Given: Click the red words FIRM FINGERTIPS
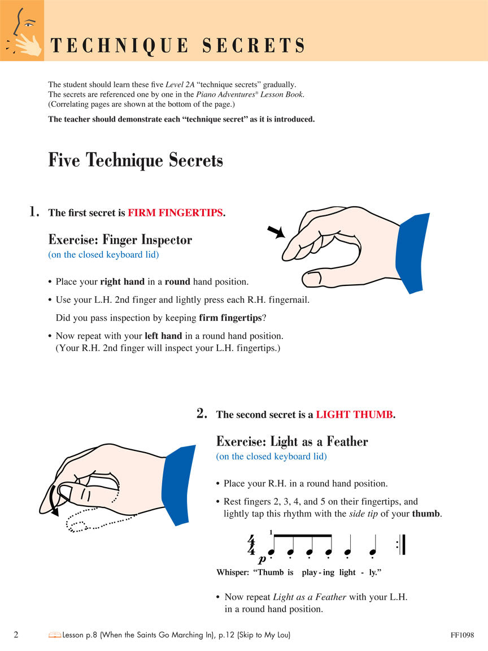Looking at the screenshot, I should (176, 213).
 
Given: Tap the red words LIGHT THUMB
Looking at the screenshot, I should (354, 415).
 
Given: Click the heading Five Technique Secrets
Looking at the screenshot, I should (136, 160).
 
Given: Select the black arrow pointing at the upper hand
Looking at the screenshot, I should (276, 231).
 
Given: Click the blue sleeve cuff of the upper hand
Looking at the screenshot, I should (414, 252).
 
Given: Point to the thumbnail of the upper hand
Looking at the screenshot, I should (312, 278).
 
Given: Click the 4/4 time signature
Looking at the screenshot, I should (251, 546).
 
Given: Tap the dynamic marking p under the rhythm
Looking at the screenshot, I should (262, 559).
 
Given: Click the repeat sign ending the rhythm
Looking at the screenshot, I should (402, 546).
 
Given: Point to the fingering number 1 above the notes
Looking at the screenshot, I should (271, 531).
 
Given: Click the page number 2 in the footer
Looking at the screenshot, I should (16, 635).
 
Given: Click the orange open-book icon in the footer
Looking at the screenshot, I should (55, 635).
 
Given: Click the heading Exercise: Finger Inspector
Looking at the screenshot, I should (120, 240).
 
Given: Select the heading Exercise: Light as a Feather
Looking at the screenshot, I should (291, 441).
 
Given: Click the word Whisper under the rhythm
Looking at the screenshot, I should (232, 572).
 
